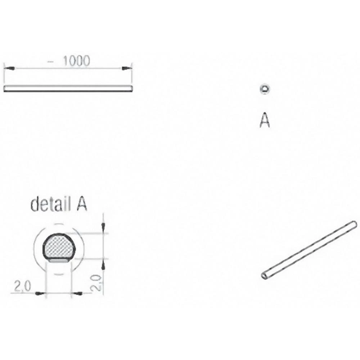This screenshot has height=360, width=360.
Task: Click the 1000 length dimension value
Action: (76, 61)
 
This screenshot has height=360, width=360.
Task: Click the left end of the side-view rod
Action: (5, 89)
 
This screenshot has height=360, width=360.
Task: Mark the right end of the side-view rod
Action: (131, 89)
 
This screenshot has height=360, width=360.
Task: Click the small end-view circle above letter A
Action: (265, 89)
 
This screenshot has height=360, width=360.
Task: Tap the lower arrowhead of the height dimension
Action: (103, 265)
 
